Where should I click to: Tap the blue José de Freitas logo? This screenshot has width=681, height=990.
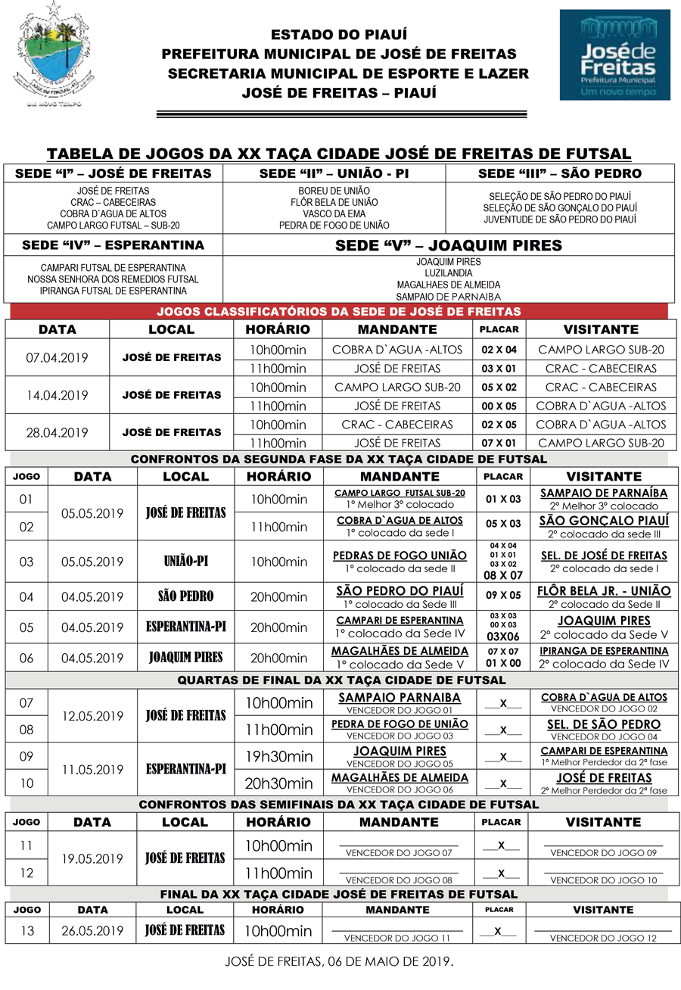point(614,54)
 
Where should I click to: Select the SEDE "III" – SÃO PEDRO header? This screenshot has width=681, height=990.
point(559,173)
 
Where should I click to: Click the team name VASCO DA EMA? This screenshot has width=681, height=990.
point(334,214)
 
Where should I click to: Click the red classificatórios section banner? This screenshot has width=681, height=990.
point(338,312)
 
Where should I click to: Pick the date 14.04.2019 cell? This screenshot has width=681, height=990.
point(57,396)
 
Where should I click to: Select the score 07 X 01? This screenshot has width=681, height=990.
point(499,444)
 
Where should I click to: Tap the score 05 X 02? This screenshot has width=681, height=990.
point(499,387)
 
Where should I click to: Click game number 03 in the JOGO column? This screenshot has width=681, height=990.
point(27,562)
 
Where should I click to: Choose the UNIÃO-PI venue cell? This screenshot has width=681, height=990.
point(185,562)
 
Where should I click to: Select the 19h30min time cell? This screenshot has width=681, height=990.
point(278,756)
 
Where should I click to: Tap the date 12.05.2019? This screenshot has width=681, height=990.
point(92,716)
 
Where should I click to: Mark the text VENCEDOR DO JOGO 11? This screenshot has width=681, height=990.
point(396,939)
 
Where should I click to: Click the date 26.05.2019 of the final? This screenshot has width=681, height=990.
point(92,931)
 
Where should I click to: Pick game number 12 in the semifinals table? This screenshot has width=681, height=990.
point(27,873)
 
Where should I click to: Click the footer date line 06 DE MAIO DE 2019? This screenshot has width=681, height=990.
point(340,964)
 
